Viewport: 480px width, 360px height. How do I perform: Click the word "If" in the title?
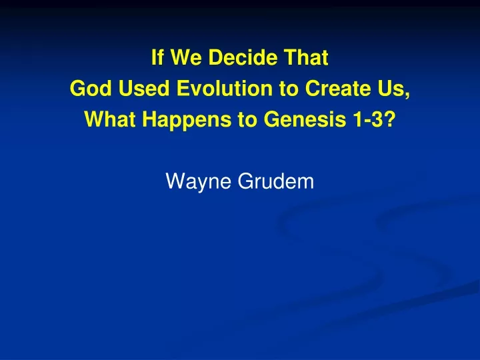pos(157,57)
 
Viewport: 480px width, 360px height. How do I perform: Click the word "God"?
pos(91,88)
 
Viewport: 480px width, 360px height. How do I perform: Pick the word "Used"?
pos(144,88)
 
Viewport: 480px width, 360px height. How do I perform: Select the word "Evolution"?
pos(225,88)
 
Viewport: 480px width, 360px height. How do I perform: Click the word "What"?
pos(110,119)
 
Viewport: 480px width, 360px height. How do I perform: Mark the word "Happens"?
pos(187,120)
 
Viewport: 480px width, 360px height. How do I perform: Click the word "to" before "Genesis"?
pos(247,120)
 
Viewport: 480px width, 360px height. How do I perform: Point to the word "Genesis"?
pos(305,119)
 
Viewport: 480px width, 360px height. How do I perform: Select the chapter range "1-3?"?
pos(374,119)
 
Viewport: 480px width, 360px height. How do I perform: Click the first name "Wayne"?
pos(198,182)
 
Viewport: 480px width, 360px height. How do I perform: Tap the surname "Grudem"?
pos(276,181)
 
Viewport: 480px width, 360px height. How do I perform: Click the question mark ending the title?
pos(389,119)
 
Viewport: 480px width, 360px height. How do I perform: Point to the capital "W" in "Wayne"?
pos(176,181)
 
